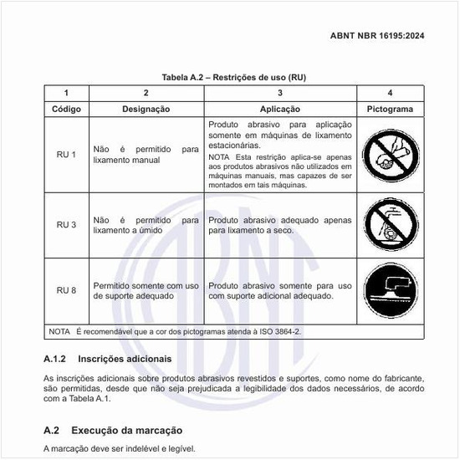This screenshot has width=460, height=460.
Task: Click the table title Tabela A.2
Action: tap(228, 77)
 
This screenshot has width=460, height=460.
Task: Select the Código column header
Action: tap(66, 109)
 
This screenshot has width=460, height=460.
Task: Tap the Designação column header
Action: tap(146, 109)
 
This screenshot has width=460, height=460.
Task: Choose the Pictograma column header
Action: tap(391, 109)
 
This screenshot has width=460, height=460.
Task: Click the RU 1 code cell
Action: tap(66, 155)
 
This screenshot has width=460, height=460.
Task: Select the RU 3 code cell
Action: tap(66, 224)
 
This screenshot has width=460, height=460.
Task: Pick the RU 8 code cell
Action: tap(66, 290)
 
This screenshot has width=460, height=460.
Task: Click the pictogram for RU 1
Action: tap(391, 156)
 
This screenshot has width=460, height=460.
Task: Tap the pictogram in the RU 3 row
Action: tap(391, 224)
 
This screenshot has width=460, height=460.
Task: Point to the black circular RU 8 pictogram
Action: tap(391, 290)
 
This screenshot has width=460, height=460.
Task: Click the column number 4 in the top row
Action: tap(391, 93)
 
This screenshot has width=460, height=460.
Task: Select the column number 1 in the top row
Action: tap(66, 93)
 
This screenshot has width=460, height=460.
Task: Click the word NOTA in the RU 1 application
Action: tap(219, 157)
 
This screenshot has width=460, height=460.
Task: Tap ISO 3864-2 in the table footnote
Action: tap(279, 331)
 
